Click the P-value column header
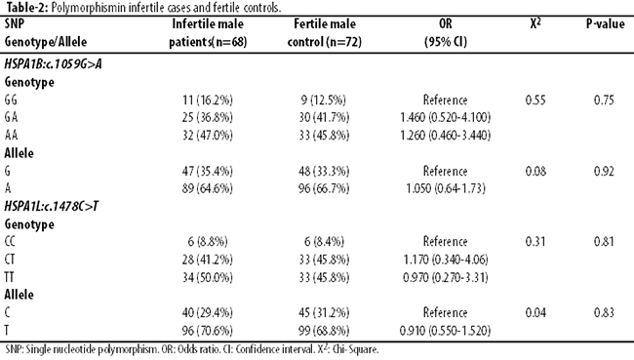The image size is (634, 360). pyautogui.click(x=605, y=23)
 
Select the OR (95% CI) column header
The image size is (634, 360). pyautogui.click(x=446, y=32)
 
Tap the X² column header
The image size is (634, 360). pyautogui.click(x=535, y=23)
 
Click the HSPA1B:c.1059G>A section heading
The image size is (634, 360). pyautogui.click(x=53, y=64)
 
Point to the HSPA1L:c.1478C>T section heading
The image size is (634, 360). pyautogui.click(x=52, y=206)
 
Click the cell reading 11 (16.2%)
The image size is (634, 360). pyautogui.click(x=208, y=100)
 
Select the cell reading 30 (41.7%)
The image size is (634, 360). pyautogui.click(x=324, y=117)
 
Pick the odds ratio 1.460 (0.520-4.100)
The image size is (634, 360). pyautogui.click(x=445, y=117)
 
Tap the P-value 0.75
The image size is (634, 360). pyautogui.click(x=604, y=100)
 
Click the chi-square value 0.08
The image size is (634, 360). pyautogui.click(x=535, y=171)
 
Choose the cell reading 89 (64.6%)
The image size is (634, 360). pyautogui.click(x=208, y=188)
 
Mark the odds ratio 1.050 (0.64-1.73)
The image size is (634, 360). pyautogui.click(x=446, y=188)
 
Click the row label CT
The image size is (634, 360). pyautogui.click(x=10, y=260)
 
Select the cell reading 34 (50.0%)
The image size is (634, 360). pyautogui.click(x=208, y=277)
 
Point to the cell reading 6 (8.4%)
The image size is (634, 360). pyautogui.click(x=324, y=242)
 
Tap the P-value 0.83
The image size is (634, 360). pyautogui.click(x=604, y=312)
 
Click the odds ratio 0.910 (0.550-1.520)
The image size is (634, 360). pyautogui.click(x=445, y=331)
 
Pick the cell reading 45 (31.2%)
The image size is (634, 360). pyautogui.click(x=324, y=312)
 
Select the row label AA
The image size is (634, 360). pyautogui.click(x=11, y=135)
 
